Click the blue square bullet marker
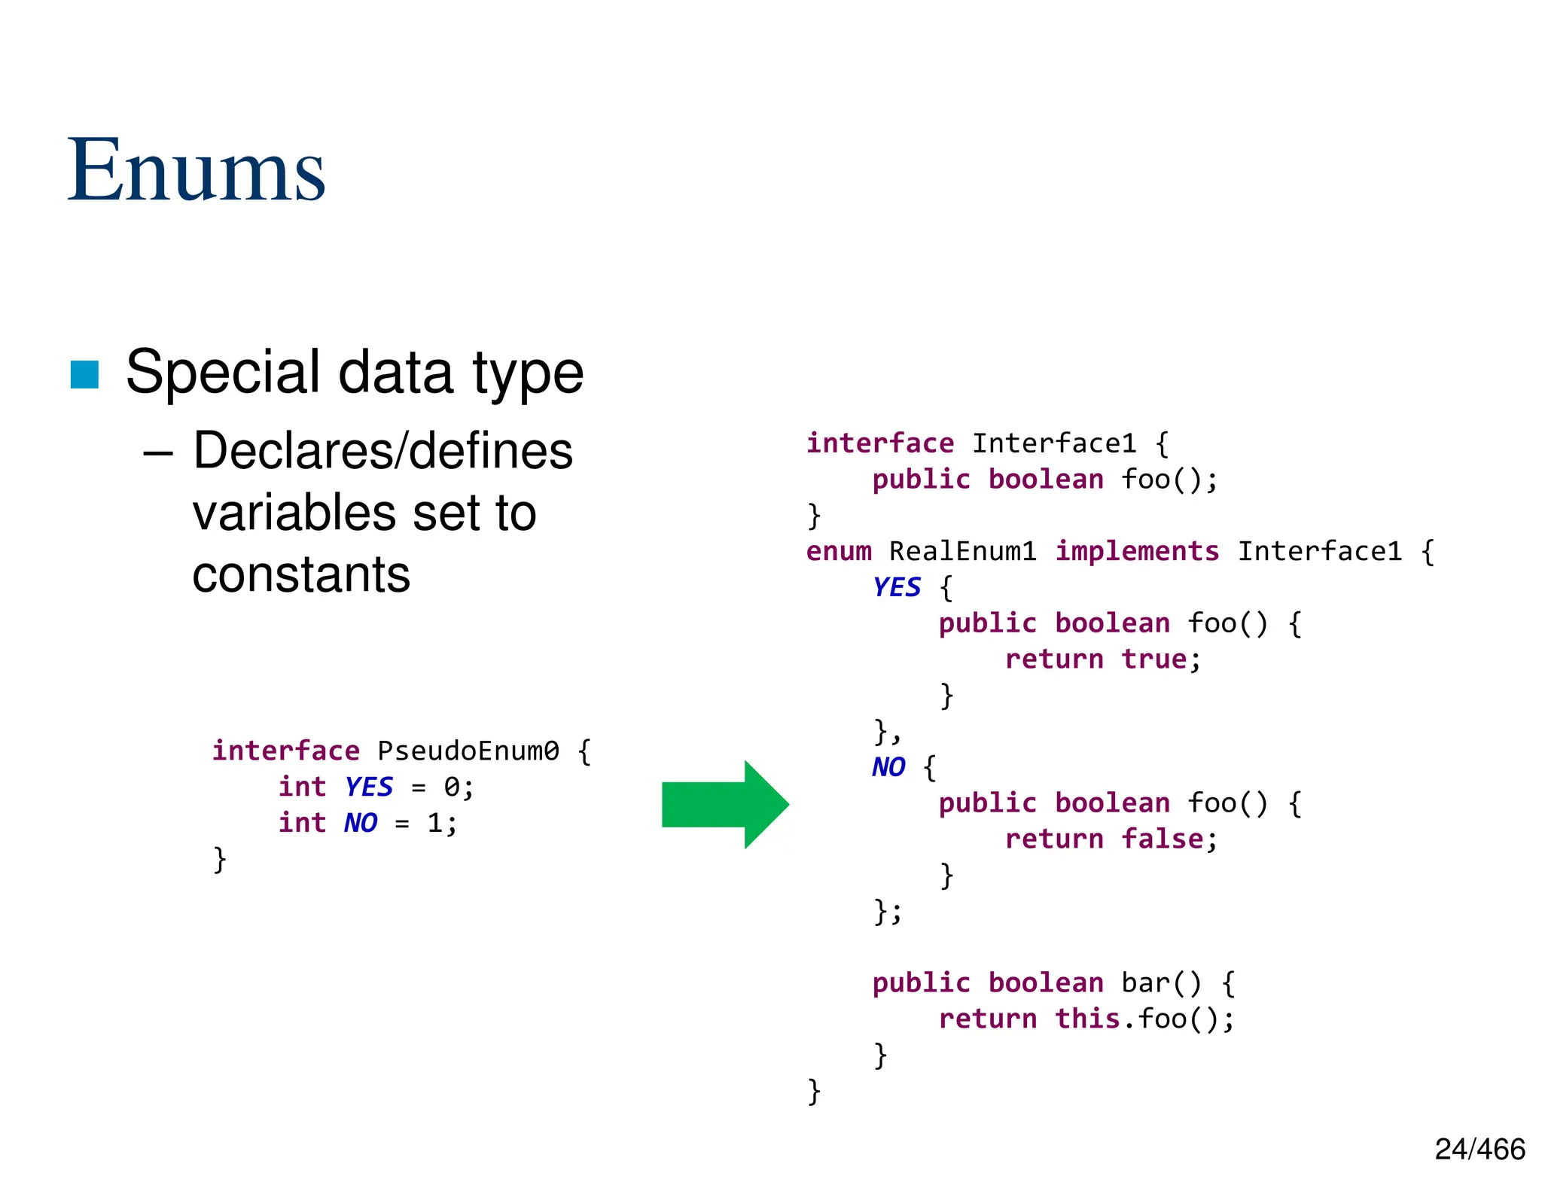point(84,375)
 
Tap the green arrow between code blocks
point(724,804)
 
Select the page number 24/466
point(1480,1150)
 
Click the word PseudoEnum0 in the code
point(468,751)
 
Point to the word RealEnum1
point(962,551)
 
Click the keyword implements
point(1136,551)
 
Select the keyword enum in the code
point(838,551)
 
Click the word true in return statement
point(1153,659)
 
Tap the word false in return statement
point(1162,839)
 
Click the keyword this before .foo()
point(1086,1019)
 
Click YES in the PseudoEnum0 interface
point(369,787)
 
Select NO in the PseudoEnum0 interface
point(361,823)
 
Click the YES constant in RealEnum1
point(896,587)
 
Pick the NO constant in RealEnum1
point(888,767)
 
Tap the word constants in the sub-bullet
point(301,574)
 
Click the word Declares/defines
point(382,451)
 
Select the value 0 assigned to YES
point(452,787)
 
